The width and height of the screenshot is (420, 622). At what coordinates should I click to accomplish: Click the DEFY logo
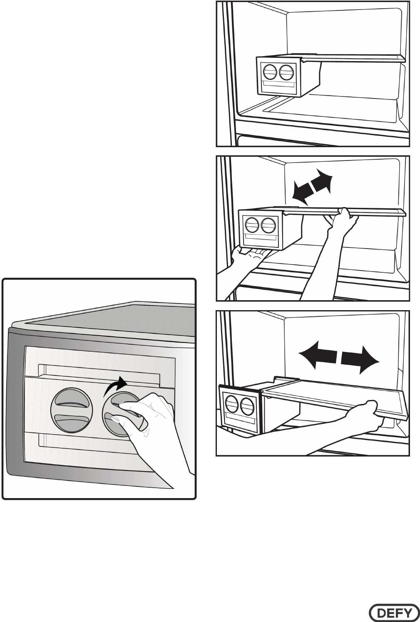click(393, 612)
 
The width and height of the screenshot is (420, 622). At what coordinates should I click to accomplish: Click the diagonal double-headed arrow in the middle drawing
click(312, 187)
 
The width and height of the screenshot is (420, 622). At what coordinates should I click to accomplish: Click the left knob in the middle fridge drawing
click(252, 225)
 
